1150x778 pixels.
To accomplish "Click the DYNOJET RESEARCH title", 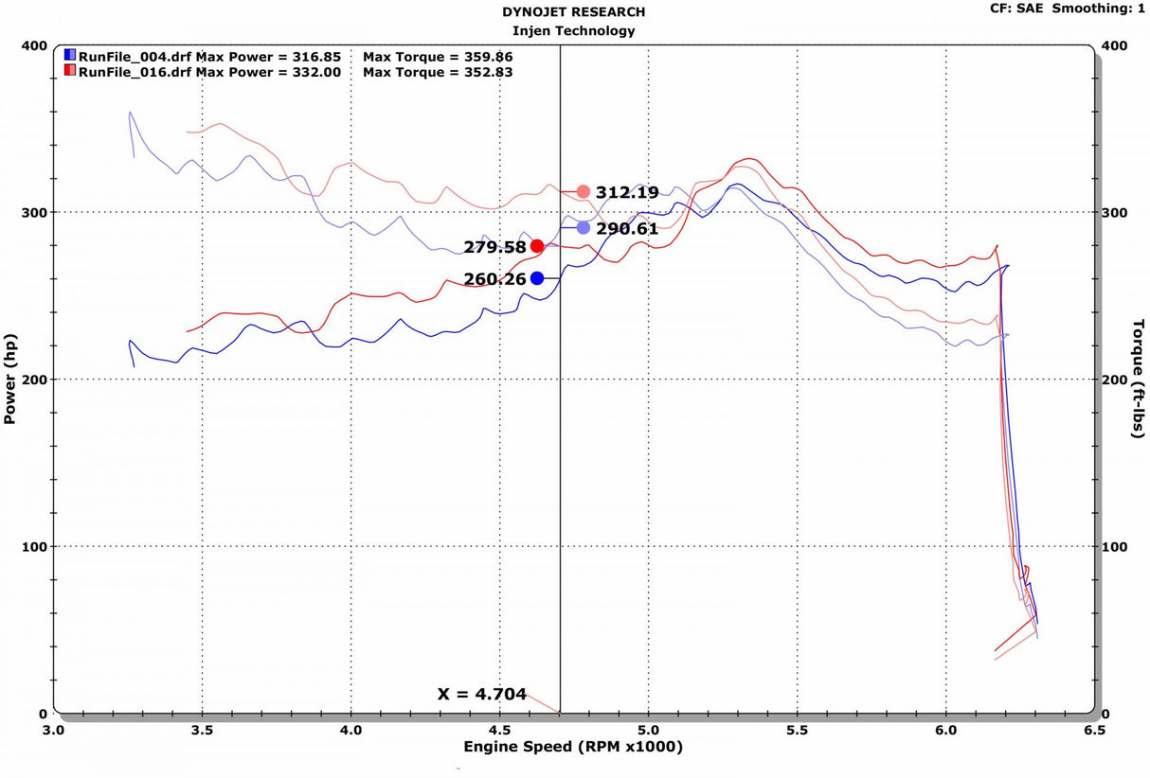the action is (573, 11).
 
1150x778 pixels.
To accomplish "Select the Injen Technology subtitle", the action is (573, 31).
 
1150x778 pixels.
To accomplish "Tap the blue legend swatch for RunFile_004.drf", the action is (70, 55).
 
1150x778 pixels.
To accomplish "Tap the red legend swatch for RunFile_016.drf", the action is (70, 70).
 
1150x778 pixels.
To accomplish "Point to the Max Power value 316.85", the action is (316, 57).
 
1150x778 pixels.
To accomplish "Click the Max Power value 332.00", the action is (316, 72).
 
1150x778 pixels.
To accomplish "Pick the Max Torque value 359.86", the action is (489, 57).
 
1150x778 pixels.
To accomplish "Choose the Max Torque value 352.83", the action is (489, 72).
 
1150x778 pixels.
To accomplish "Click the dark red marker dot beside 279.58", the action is (537, 246).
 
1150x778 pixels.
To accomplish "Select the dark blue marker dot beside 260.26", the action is (537, 278).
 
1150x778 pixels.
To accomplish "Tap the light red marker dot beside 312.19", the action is (584, 192).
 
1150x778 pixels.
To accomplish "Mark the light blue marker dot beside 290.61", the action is (584, 228).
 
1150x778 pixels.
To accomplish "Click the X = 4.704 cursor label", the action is (481, 694).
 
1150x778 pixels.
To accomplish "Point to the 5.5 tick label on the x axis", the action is (798, 730).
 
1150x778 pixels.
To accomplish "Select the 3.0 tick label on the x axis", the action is (53, 730).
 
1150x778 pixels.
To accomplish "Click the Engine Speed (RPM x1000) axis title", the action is (573, 747).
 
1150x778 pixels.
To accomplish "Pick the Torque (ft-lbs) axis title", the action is (1139, 379).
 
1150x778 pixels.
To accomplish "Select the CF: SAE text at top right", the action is (1017, 9).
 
